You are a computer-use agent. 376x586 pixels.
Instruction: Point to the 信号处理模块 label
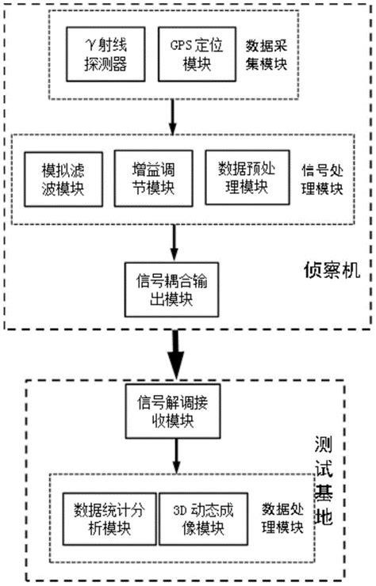[x=323, y=178]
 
